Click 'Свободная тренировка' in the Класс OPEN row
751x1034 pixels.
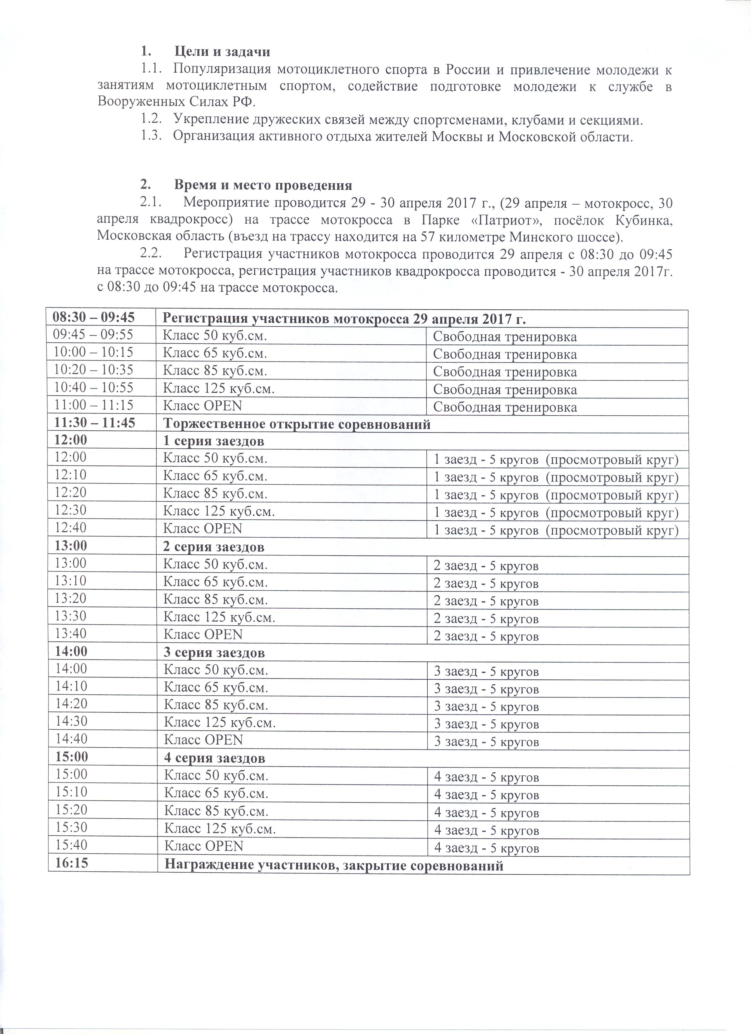pos(505,407)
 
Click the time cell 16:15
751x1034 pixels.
pos(71,863)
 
